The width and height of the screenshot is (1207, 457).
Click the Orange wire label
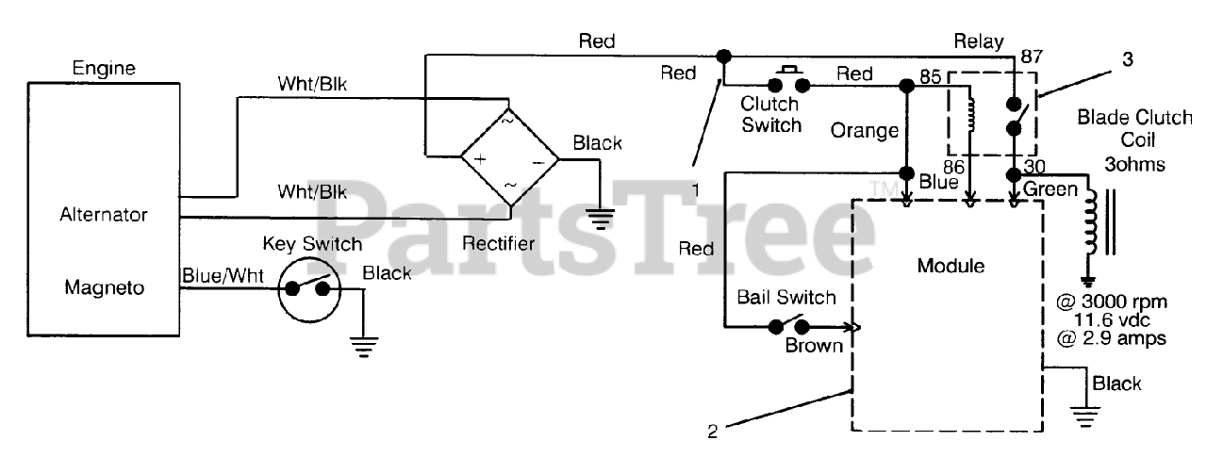tap(865, 131)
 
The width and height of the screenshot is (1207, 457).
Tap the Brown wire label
tap(815, 346)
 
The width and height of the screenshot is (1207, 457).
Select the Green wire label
tap(1050, 190)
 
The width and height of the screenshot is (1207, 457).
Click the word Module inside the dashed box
tap(951, 267)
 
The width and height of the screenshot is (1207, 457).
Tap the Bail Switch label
tap(786, 298)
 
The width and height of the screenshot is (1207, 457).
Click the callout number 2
tap(713, 432)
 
